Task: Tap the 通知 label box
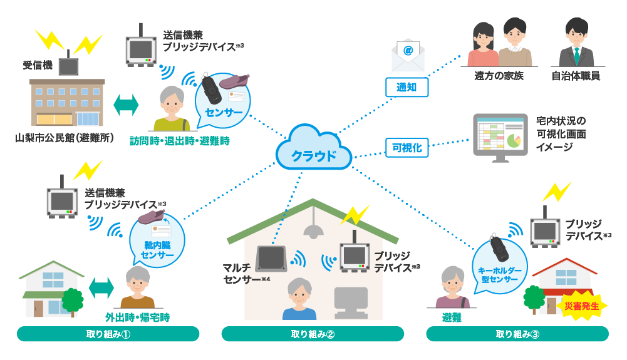coord(407,88)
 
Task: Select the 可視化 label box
coord(407,148)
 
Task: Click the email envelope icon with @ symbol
coord(408,56)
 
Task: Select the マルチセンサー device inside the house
coord(271,258)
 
